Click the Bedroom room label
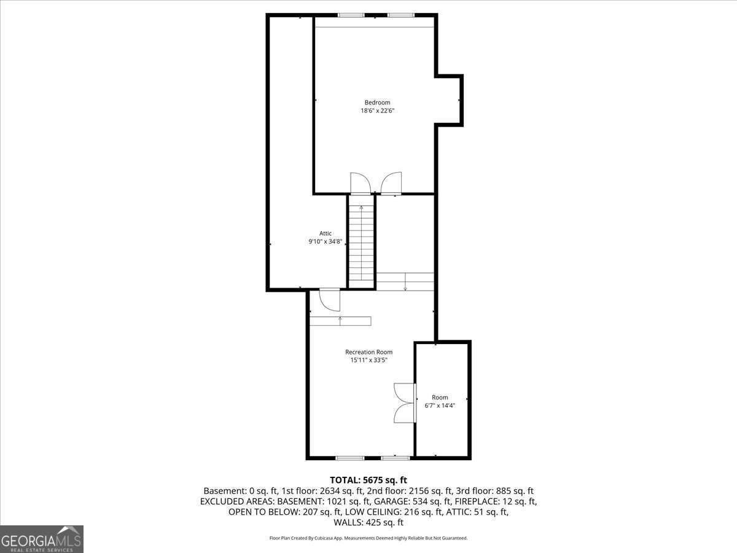click(x=377, y=103)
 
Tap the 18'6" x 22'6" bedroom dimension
click(x=377, y=111)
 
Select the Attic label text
click(x=326, y=233)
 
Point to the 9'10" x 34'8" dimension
click(x=326, y=241)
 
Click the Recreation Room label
click(x=368, y=352)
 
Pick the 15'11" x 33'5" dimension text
click(x=368, y=360)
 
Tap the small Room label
click(x=440, y=397)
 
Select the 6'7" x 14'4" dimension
click(x=440, y=406)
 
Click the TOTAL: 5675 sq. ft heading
click(x=368, y=480)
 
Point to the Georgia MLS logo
click(x=42, y=539)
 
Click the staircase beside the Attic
click(x=361, y=246)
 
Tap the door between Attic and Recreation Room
click(x=329, y=299)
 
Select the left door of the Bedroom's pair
click(x=361, y=183)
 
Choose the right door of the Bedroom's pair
click(x=391, y=183)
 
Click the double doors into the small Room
click(x=405, y=403)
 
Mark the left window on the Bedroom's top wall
click(x=351, y=15)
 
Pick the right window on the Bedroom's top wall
click(x=401, y=15)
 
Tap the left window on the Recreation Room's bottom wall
click(x=350, y=458)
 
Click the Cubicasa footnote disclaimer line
click(x=368, y=538)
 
